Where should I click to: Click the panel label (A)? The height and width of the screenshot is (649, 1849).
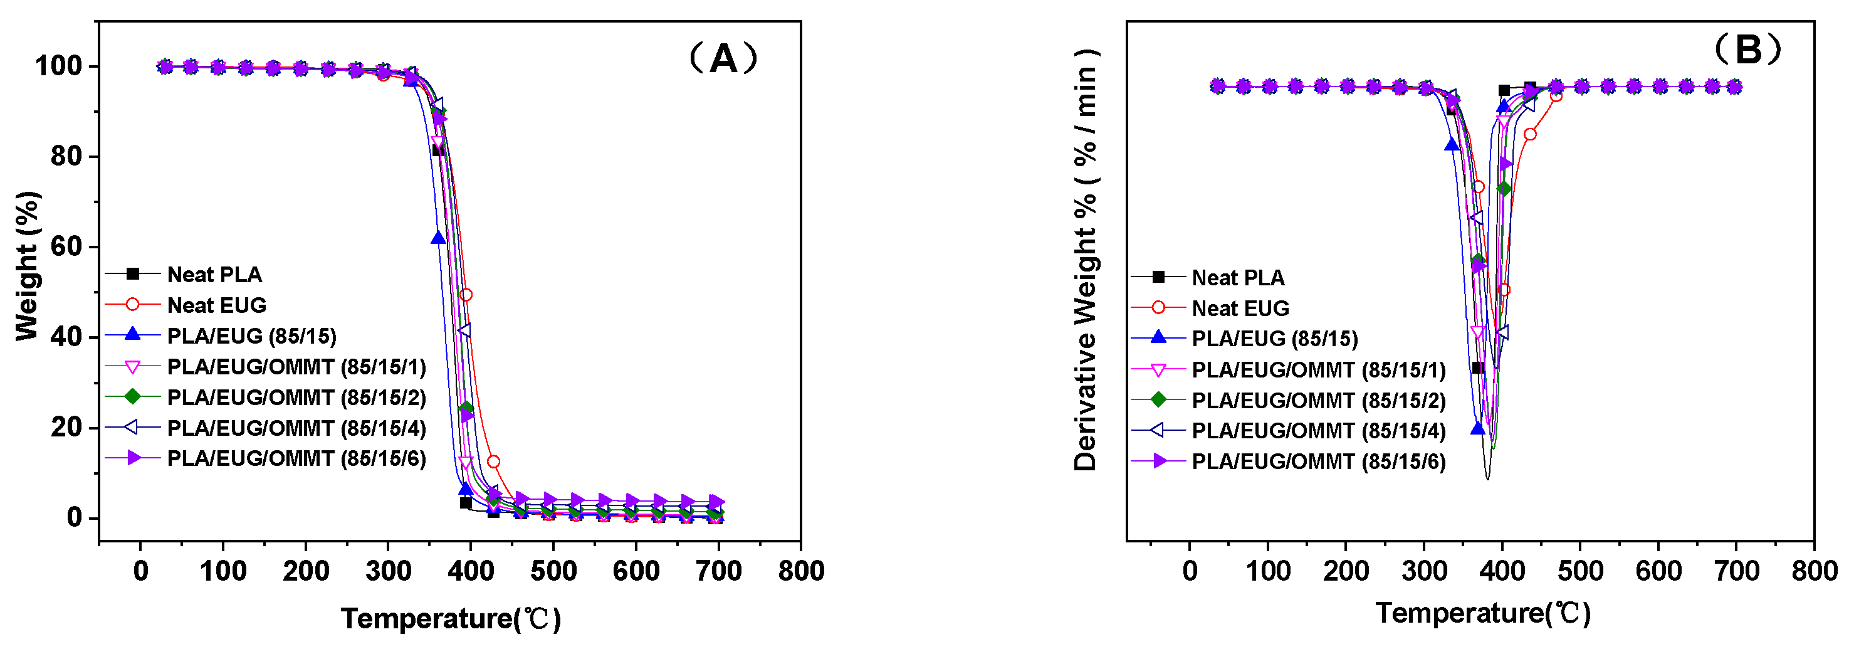[x=723, y=58]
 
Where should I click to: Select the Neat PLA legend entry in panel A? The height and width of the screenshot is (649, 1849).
[x=214, y=274]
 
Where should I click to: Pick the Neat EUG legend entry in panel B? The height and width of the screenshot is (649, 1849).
[x=1240, y=308]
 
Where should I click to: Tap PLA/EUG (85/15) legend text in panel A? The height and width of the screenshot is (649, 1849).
[x=251, y=336]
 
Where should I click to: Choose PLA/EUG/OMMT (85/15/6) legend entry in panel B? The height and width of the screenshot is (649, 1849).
[x=1318, y=461]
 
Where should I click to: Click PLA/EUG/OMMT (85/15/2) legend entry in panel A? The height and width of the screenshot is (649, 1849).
[x=296, y=397]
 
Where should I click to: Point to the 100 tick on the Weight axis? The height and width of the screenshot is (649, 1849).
[x=58, y=66]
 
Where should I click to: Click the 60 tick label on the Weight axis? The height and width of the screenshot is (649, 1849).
[x=66, y=246]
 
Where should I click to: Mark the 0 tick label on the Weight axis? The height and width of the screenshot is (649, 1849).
[x=75, y=517]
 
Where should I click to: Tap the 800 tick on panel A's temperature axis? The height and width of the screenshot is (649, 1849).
[x=801, y=571]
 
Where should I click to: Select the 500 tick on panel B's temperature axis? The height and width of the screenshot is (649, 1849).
[x=1581, y=571]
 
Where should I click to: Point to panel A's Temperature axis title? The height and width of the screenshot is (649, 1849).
[x=451, y=618]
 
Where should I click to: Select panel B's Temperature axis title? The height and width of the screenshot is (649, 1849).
[x=1483, y=613]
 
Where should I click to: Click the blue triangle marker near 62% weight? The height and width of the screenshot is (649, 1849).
[x=438, y=238]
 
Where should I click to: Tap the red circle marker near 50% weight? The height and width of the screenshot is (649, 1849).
[x=466, y=294]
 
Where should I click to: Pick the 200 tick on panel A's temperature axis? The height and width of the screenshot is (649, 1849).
[x=306, y=571]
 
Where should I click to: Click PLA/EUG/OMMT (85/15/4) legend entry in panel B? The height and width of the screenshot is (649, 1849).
[x=1318, y=430]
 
